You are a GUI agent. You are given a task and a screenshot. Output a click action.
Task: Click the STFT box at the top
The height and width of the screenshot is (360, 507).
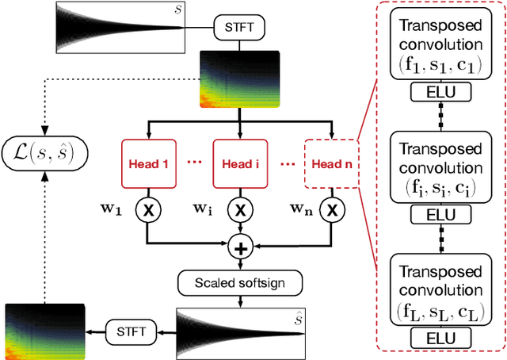tap(238, 27)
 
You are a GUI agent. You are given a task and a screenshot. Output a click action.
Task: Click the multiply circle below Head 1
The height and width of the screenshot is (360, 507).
tap(147, 210)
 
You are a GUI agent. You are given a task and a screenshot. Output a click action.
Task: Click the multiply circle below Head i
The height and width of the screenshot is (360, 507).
tap(238, 210)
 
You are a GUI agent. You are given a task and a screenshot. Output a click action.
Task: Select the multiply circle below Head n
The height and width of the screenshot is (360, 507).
tap(333, 210)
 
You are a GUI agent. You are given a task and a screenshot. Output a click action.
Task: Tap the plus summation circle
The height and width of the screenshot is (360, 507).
tap(238, 248)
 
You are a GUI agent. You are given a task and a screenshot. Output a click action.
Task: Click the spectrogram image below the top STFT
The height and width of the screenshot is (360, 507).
tap(238, 79)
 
